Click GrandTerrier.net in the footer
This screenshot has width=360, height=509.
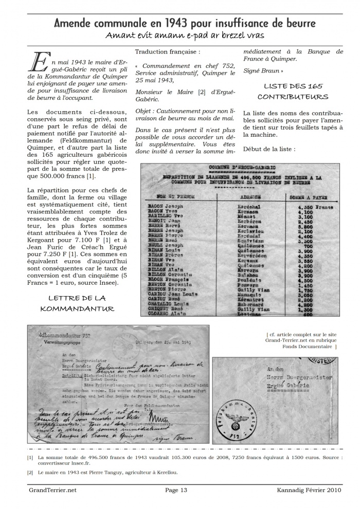pyautogui.click(x=52, y=490)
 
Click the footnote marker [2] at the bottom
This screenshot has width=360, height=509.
pyautogui.click(x=30, y=472)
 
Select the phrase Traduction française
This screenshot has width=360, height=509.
pyautogui.click(x=167, y=52)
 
